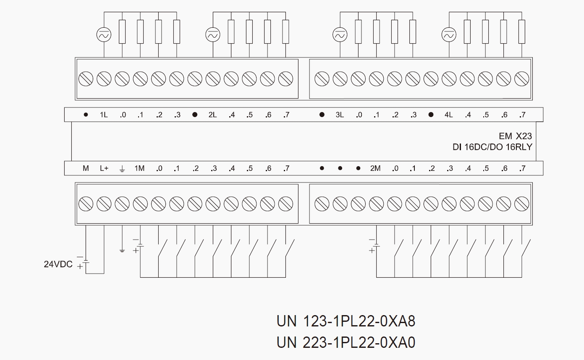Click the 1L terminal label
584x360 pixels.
[x=104, y=115]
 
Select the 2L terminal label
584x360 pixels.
[x=212, y=115]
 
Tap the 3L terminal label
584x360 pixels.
[x=339, y=115]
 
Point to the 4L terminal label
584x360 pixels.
[x=448, y=115]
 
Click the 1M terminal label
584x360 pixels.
[x=139, y=169]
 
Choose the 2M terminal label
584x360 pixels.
[x=375, y=169]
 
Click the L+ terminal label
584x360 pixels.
[x=104, y=169]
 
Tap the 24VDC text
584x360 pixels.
[x=58, y=264]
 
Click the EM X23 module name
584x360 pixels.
[x=515, y=136]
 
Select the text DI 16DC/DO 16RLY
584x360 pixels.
[x=492, y=147]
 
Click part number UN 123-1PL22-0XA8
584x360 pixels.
[x=346, y=321]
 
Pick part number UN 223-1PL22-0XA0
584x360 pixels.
[x=346, y=342]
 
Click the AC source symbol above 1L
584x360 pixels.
[x=104, y=35]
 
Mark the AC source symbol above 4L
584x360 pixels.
[x=449, y=35]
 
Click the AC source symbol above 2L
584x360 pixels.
[x=213, y=35]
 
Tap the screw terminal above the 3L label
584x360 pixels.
[x=340, y=78]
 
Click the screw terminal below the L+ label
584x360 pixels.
[x=104, y=204]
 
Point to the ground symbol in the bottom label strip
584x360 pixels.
[x=122, y=169]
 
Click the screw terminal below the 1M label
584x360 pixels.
[x=140, y=204]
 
